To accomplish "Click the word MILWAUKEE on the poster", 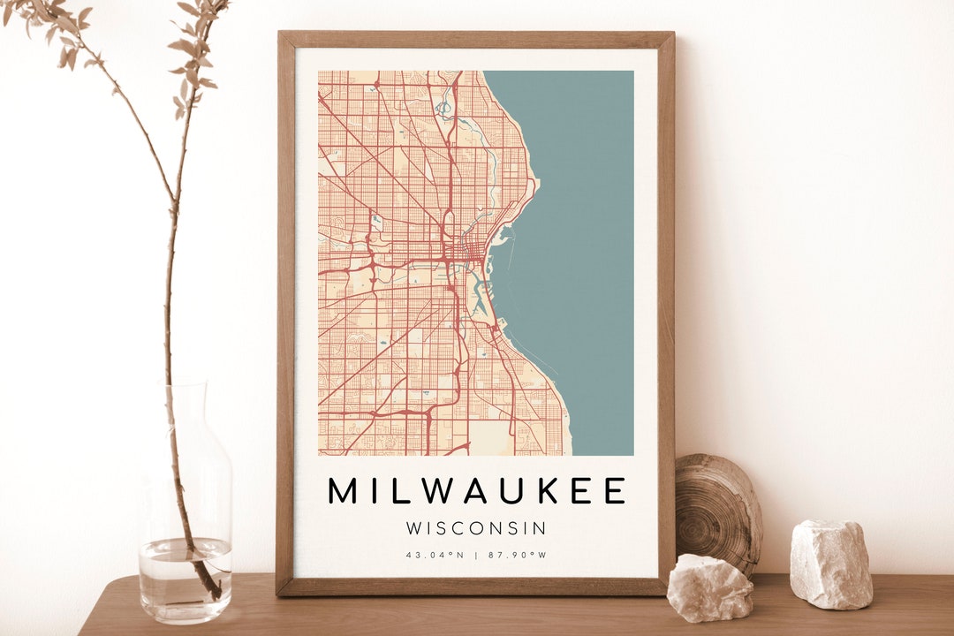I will [x=476, y=490].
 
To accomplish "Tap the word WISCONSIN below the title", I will [x=476, y=528].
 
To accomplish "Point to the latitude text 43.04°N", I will [x=435, y=555].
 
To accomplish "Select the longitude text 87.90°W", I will [x=517, y=555].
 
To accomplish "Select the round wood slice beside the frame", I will [x=717, y=512].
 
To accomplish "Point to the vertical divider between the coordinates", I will [x=476, y=555].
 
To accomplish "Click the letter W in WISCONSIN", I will [x=414, y=528].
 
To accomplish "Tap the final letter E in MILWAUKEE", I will [x=616, y=490].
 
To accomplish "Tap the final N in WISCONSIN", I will [x=540, y=528].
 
